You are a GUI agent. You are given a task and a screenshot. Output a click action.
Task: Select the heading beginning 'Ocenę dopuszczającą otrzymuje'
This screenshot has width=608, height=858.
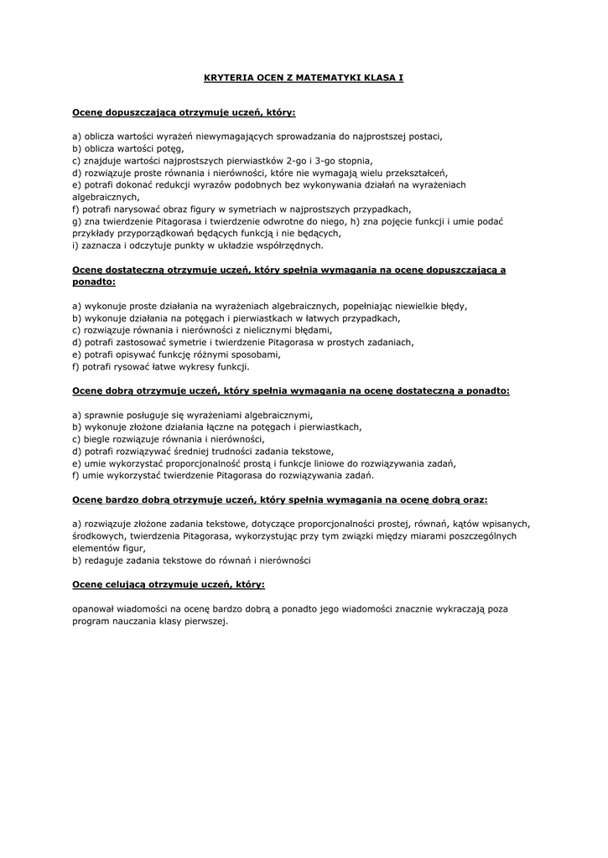[184, 111]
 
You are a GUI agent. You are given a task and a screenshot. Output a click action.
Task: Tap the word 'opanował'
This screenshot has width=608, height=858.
[96, 609]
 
